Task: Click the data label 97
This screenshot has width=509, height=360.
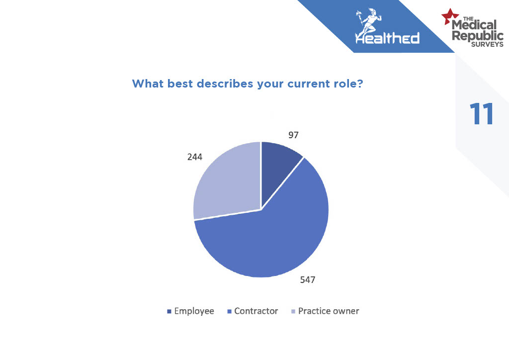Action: pyautogui.click(x=293, y=135)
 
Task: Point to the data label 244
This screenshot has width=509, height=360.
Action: pyautogui.click(x=195, y=157)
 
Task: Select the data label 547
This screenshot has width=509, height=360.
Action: pyautogui.click(x=307, y=280)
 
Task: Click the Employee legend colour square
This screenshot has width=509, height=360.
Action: pyautogui.click(x=169, y=312)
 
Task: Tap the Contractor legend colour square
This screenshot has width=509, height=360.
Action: pyautogui.click(x=229, y=312)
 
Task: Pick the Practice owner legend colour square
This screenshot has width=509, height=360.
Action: pyautogui.click(x=293, y=312)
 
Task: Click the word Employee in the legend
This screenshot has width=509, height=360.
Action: pyautogui.click(x=194, y=311)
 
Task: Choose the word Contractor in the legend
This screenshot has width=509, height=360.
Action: pyautogui.click(x=256, y=311)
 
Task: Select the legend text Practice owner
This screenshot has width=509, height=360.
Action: pyautogui.click(x=329, y=311)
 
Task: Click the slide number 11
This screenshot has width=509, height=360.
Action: pyautogui.click(x=482, y=113)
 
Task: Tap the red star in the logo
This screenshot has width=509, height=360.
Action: pyautogui.click(x=449, y=17)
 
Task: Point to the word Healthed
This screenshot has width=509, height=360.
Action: pyautogui.click(x=387, y=38)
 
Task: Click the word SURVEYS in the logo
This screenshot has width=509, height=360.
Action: pyautogui.click(x=487, y=44)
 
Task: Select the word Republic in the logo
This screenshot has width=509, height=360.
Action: pyautogui.click(x=478, y=35)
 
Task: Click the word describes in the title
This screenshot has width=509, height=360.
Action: pyautogui.click(x=225, y=84)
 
